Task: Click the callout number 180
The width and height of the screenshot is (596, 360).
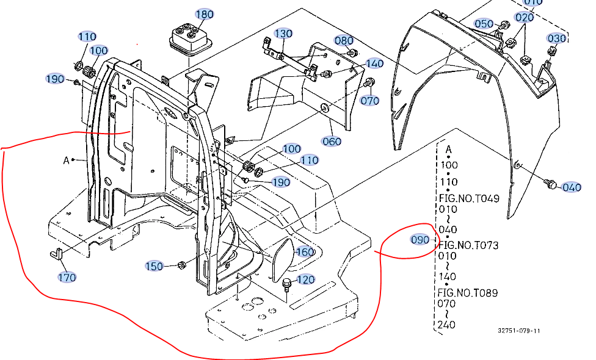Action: pos(204,15)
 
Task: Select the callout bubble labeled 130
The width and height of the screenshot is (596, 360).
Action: pos(283,34)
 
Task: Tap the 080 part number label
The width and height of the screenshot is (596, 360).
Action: pos(344,41)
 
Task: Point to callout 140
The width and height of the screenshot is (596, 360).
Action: pos(374,63)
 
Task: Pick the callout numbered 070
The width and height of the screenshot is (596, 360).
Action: pos(370,100)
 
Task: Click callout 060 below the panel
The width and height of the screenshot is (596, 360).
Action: pos(332,142)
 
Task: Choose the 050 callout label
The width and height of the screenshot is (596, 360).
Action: pos(484,24)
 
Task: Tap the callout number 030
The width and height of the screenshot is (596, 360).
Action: pos(556,38)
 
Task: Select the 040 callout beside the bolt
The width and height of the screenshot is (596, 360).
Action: pos(572,187)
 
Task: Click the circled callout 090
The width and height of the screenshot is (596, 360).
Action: pos(420,240)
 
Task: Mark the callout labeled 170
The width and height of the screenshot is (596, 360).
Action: pos(67,278)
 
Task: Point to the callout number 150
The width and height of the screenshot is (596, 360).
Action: pos(154,266)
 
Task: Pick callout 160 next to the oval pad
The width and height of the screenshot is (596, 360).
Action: pos(305,252)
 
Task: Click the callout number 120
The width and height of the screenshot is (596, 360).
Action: pos(306,280)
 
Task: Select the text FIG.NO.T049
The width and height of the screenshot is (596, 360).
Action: pos(468,198)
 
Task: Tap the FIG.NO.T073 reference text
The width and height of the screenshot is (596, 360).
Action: pos(468,245)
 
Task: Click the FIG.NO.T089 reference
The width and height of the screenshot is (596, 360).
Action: pos(468,293)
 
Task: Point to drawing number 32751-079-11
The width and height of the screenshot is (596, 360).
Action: pos(518,331)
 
